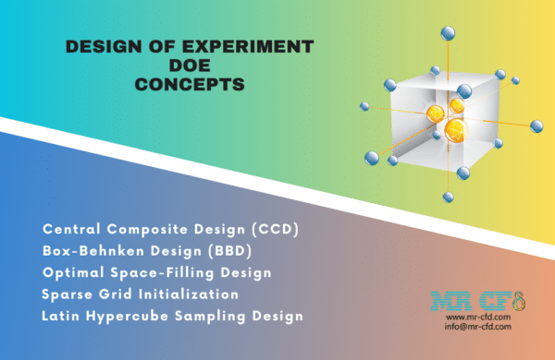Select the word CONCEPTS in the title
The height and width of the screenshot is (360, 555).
188,84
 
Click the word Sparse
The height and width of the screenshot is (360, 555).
67,294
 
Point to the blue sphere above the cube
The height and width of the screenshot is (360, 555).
449,34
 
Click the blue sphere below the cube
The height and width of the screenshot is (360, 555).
447,196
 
